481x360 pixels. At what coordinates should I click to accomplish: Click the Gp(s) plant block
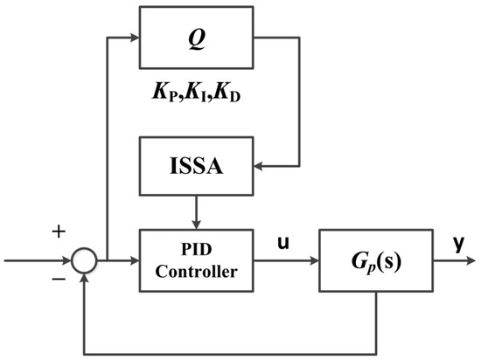click(373, 260)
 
